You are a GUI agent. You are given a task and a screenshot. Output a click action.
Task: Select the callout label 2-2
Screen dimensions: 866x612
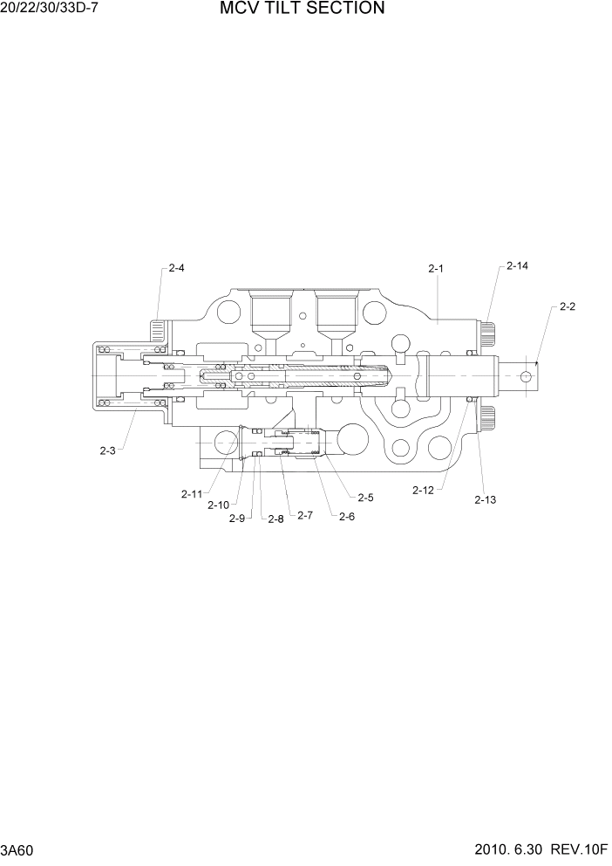pos(568,306)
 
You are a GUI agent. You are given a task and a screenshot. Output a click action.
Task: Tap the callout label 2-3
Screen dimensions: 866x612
pos(107,450)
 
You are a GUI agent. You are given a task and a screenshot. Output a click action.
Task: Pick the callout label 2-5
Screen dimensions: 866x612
pos(365,498)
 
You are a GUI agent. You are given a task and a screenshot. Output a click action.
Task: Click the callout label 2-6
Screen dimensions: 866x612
pos(347,516)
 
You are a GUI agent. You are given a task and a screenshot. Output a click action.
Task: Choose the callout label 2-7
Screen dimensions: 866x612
pos(304,515)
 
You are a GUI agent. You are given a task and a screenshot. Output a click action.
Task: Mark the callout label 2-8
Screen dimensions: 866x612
pos(275,519)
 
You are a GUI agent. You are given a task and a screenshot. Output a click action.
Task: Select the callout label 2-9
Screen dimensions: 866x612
pos(236,519)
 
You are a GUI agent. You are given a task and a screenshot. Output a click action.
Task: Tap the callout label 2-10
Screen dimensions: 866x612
pos(218,505)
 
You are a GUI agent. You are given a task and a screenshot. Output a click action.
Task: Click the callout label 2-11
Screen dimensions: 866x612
pos(192,494)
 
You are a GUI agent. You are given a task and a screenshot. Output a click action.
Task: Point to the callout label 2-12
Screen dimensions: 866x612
pos(423,491)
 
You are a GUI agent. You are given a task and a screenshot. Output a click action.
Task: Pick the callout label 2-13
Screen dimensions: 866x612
pos(485,499)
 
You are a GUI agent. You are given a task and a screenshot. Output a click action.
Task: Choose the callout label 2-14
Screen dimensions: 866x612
pos(517,265)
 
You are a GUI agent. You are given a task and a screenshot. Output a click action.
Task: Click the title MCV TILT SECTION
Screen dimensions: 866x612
pos(302,10)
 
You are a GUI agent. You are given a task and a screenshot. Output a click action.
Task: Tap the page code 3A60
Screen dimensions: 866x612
pos(18,850)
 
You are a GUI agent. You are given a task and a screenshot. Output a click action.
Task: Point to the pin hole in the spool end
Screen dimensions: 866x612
pos(525,375)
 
